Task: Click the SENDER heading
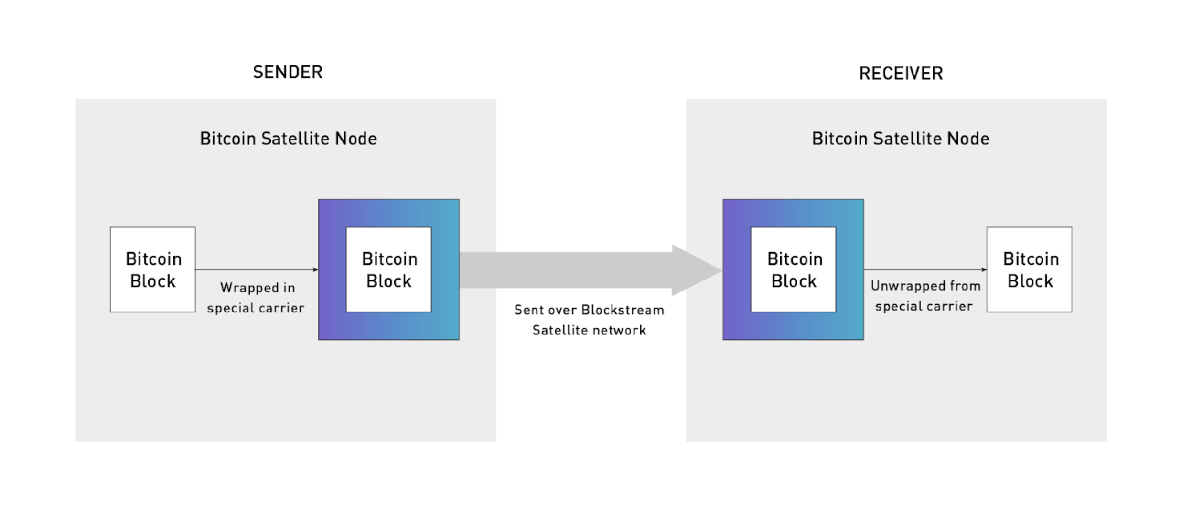click(288, 73)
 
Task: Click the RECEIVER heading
click(901, 74)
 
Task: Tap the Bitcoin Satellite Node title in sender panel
click(288, 139)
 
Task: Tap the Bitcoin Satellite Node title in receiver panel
click(900, 139)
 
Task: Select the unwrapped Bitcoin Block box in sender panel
click(152, 269)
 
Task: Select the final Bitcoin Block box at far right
click(1029, 269)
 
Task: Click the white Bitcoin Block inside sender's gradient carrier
click(388, 269)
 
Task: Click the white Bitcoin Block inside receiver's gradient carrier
click(793, 269)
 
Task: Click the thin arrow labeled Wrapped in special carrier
click(256, 269)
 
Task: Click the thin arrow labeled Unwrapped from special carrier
click(924, 269)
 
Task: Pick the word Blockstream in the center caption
click(623, 310)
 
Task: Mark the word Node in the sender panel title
click(355, 139)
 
